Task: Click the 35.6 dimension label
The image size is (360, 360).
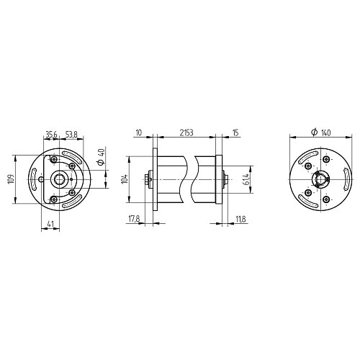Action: tap(51, 134)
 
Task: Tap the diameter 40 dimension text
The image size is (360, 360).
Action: tap(102, 156)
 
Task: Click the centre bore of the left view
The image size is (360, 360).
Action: tap(60, 179)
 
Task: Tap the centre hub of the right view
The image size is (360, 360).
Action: tap(318, 179)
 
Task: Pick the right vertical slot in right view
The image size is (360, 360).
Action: tap(345, 179)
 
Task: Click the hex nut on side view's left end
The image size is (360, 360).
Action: tap(148, 179)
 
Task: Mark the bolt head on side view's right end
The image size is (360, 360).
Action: tap(226, 179)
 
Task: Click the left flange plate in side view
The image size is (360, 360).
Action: tap(153, 179)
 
